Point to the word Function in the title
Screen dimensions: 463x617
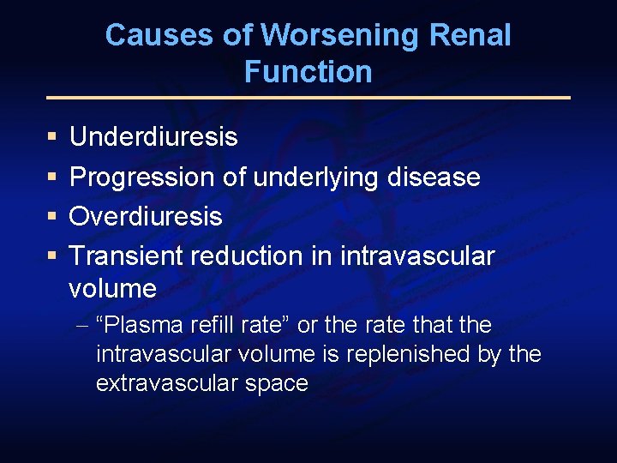coord(308,72)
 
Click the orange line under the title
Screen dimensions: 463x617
coord(308,98)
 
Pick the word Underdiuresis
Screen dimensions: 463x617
coord(153,137)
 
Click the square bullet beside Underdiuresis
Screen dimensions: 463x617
coord(52,137)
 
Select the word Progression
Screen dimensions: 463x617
coord(142,177)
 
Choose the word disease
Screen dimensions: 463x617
coord(438,177)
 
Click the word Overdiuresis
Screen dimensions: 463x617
coord(146,217)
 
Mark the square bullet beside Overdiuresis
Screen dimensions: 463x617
coord(52,217)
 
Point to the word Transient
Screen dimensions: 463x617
coord(127,256)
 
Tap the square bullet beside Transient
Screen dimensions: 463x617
coord(52,256)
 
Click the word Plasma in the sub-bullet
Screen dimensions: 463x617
coord(136,326)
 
